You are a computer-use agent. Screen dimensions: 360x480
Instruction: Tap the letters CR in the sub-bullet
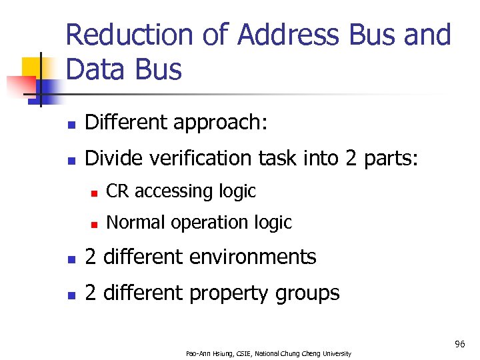[x=117, y=191]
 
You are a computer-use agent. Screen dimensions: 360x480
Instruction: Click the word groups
[x=310, y=293]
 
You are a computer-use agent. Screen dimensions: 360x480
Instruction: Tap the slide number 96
[x=459, y=344]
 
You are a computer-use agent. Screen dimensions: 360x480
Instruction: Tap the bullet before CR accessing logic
[x=95, y=193]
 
